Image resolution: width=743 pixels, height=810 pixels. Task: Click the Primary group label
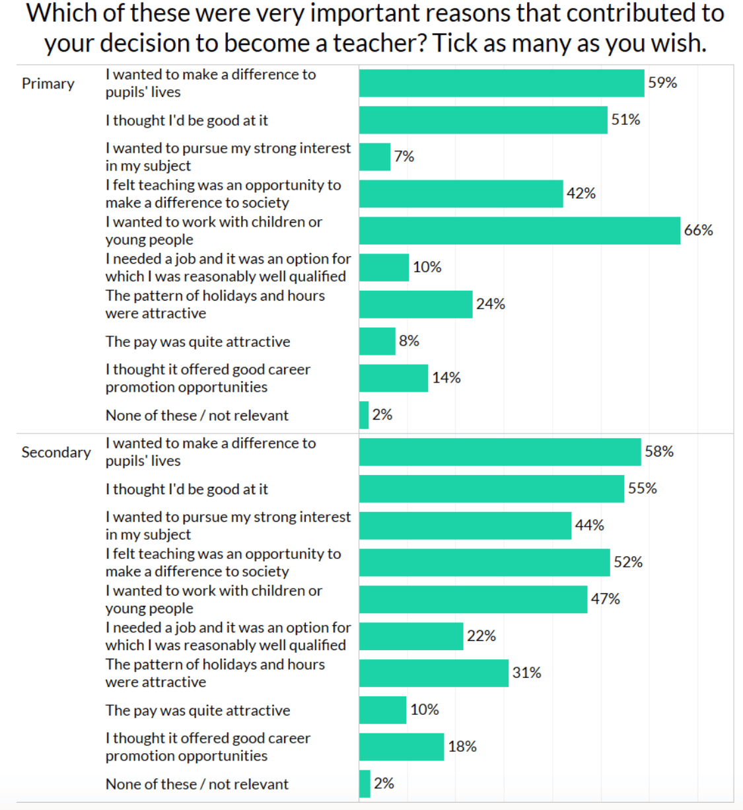[x=48, y=84]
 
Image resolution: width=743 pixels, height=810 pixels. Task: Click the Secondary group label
[x=56, y=453]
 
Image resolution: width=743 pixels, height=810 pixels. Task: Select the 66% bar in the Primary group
[x=519, y=231]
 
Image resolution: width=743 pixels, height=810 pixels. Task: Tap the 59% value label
[x=662, y=83]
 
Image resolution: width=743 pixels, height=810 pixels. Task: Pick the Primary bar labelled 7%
[x=374, y=157]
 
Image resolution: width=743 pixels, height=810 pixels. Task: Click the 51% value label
[x=625, y=120]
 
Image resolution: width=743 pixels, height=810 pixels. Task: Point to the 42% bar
[x=461, y=194]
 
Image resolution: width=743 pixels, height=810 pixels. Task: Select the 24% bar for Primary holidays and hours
[x=415, y=305]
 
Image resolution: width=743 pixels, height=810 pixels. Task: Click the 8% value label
[x=409, y=341]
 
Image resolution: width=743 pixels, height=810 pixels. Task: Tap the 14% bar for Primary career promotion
[x=394, y=378]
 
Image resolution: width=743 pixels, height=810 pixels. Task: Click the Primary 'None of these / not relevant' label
[x=197, y=416]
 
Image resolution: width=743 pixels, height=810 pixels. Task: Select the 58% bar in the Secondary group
[x=500, y=452]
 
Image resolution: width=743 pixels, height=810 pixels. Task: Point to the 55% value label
[x=642, y=488]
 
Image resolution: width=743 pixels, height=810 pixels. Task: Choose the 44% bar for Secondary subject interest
[x=465, y=525]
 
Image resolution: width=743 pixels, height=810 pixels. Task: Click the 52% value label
[x=628, y=562]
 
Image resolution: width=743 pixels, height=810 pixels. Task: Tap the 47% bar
[x=473, y=599]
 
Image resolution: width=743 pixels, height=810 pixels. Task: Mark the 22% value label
[x=481, y=636]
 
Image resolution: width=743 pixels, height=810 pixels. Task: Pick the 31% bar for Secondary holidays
[x=434, y=673]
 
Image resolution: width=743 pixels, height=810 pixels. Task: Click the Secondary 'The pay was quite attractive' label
[x=197, y=710]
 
